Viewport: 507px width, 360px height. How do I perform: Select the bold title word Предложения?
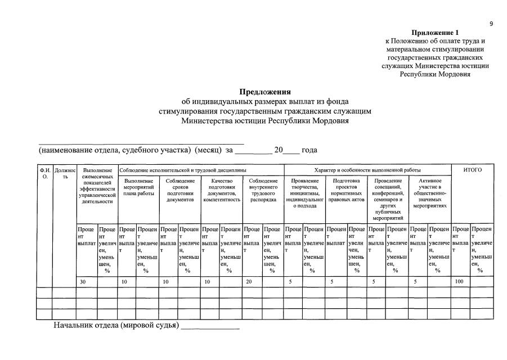[265, 92]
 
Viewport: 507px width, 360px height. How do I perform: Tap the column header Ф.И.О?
[45, 173]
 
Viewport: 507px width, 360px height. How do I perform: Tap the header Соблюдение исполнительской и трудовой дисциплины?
[183, 170]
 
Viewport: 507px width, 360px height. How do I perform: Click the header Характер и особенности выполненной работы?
[367, 170]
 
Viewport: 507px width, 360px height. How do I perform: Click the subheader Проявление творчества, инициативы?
[305, 193]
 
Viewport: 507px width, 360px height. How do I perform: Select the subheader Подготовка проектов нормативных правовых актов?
[347, 190]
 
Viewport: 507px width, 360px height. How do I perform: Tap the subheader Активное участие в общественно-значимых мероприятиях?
[430, 193]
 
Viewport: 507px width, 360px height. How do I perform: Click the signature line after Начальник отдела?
[210, 326]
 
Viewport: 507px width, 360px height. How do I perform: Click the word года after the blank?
[309, 150]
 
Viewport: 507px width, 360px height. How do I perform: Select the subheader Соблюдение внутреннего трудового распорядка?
[263, 190]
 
